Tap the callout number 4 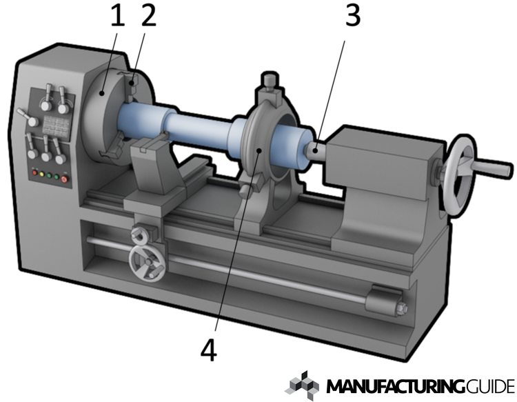[x=208, y=350]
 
